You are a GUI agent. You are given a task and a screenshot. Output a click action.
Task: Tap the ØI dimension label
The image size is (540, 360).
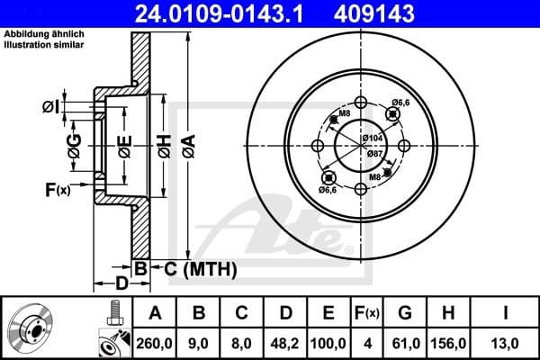click(x=52, y=107)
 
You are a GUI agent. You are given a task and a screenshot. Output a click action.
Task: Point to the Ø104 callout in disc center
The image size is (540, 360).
click(x=373, y=138)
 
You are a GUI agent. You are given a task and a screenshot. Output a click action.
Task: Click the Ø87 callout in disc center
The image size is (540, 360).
click(x=373, y=153)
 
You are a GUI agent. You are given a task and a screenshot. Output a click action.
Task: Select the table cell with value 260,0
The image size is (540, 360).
click(x=154, y=343)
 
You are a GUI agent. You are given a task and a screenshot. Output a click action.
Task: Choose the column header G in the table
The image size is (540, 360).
click(x=404, y=313)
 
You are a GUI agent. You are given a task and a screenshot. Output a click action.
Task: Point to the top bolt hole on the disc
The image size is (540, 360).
click(x=361, y=102)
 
